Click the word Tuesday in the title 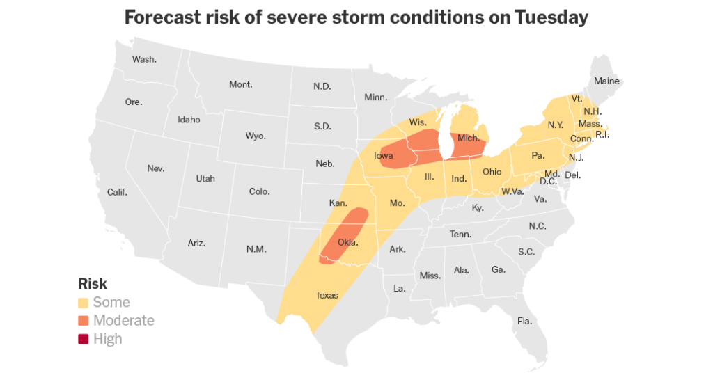551,17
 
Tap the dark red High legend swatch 84,339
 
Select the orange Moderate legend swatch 84,321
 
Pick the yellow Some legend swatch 84,303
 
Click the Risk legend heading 93,284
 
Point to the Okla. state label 347,243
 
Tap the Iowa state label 384,156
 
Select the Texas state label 327,295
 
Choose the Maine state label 606,81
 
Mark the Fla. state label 524,321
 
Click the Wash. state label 144,59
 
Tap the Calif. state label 117,192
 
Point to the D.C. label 547,182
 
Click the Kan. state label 338,203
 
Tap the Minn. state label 376,97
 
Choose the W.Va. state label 512,191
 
